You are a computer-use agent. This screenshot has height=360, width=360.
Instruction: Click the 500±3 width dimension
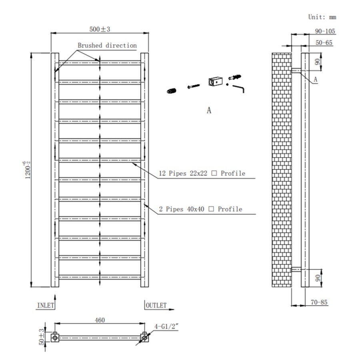(x=100, y=30)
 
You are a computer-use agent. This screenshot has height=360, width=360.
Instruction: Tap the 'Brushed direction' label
(x=107, y=46)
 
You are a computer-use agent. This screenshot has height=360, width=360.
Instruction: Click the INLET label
(x=45, y=305)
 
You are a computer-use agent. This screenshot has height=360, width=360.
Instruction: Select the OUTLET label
(x=156, y=305)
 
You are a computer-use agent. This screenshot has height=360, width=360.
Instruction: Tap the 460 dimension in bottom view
(x=100, y=320)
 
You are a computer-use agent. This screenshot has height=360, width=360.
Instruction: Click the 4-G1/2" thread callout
(x=166, y=326)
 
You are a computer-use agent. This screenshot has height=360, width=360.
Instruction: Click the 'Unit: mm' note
(x=322, y=17)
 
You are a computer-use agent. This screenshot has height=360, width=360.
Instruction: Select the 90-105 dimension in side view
(x=325, y=31)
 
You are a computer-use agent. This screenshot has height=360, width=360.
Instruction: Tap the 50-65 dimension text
(x=324, y=43)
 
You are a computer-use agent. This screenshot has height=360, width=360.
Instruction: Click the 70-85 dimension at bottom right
(x=319, y=302)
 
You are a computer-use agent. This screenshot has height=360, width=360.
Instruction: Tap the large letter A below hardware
(x=209, y=110)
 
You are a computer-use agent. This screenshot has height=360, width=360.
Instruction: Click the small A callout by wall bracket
(x=315, y=80)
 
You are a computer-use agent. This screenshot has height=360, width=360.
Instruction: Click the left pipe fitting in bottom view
(x=54, y=338)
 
